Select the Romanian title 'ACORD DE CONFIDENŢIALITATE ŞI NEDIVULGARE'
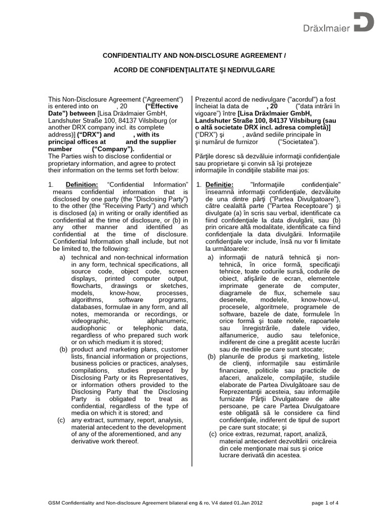pos(194,70)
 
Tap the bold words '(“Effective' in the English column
pos(162,107)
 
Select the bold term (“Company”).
pos(114,149)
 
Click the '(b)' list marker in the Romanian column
pos(211,357)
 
